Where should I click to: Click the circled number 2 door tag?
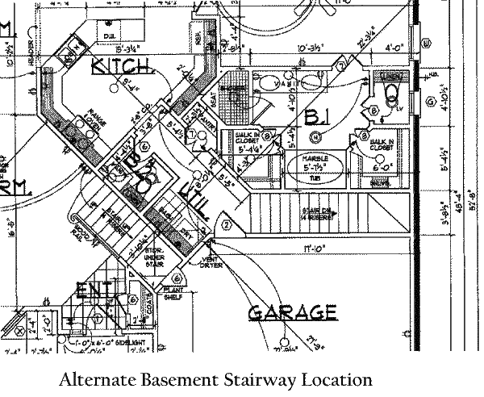(227, 224)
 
